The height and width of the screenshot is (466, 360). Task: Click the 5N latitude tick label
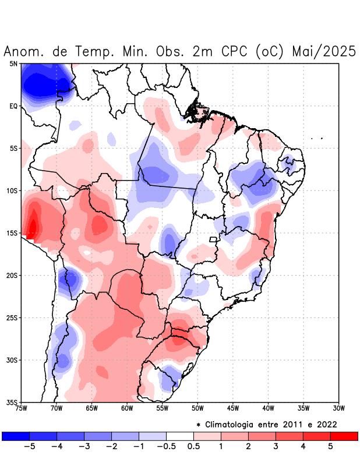click(x=13, y=63)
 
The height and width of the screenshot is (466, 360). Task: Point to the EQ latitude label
click(x=13, y=106)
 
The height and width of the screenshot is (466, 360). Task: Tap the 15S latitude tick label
click(x=12, y=233)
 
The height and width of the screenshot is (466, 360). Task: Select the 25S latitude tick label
click(x=12, y=317)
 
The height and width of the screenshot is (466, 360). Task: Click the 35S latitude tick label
click(x=12, y=402)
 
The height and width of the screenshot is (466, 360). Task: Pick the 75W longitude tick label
click(x=21, y=408)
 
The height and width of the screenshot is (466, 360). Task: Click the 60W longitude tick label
click(x=127, y=408)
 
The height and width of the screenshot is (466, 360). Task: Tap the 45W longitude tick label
click(x=233, y=408)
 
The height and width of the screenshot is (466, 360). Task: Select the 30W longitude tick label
click(x=339, y=408)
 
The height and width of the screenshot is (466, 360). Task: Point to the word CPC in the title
click(x=235, y=51)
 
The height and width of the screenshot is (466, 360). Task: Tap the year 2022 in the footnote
click(x=327, y=424)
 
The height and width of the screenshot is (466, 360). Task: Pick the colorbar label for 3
click(x=276, y=447)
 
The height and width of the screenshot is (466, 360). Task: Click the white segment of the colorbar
click(x=179, y=436)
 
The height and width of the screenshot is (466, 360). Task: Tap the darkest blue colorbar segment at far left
click(x=15, y=436)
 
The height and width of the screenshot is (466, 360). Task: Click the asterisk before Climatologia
click(x=199, y=425)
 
